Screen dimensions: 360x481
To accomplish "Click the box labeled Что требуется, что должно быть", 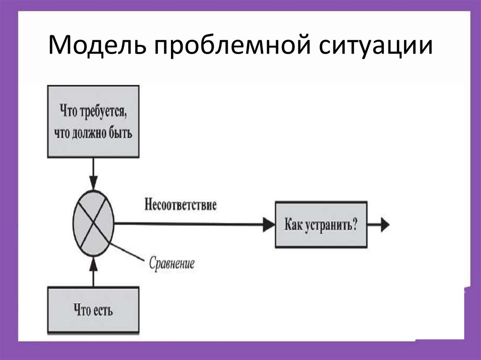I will pos(93,121).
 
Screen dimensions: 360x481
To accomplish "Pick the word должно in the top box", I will pos(91,133).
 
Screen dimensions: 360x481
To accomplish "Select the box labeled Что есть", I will pos(93,310).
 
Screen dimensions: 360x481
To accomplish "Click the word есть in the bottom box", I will pos(103,310).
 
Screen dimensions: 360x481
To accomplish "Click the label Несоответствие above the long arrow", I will pos(181,206).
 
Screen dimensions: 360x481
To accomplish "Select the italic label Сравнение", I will pos(171,263).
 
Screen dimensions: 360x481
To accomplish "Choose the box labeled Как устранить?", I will pos(321,224).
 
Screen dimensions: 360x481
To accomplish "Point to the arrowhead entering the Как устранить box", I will pos(269,224).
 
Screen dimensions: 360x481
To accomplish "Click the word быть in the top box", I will pos(120,133).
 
